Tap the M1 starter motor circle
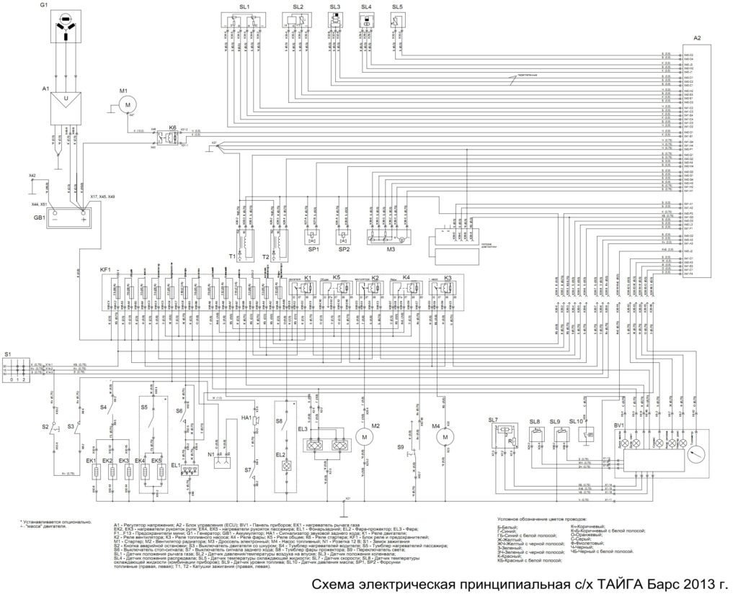tap(128, 105)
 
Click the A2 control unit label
tap(697, 37)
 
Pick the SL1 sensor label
tap(244, 6)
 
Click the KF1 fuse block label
tap(106, 270)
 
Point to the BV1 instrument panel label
tap(618, 425)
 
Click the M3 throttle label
tap(390, 249)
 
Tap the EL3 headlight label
tap(302, 429)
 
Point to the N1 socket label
tap(212, 455)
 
